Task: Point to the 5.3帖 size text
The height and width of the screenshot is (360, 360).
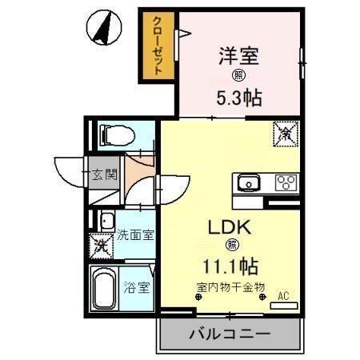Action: pos(240,99)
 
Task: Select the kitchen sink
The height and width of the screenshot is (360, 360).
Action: pos(248,182)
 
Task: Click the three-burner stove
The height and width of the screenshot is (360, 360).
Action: pos(286,182)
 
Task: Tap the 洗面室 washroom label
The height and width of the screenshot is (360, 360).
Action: pos(135,235)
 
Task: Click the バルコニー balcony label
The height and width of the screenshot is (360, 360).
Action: pos(230,332)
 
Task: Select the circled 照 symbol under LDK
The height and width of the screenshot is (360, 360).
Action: pos(233,245)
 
